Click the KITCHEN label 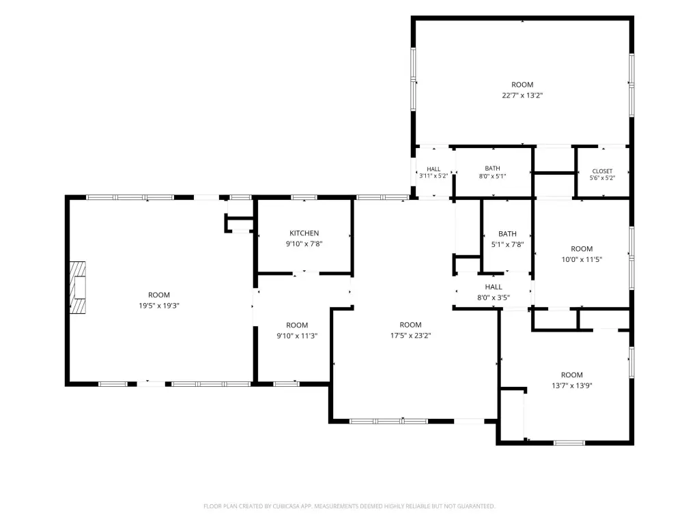304,233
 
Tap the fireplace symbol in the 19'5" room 78,287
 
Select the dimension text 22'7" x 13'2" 522,96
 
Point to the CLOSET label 602,171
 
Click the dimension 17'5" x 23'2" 410,336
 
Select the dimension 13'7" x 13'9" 572,386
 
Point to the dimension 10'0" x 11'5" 582,259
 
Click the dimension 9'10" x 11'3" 297,336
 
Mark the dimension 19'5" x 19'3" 159,306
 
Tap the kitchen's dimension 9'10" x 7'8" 304,244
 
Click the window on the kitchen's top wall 304,197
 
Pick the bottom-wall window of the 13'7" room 569,443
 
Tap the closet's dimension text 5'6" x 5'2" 603,178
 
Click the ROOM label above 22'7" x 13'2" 522,85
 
